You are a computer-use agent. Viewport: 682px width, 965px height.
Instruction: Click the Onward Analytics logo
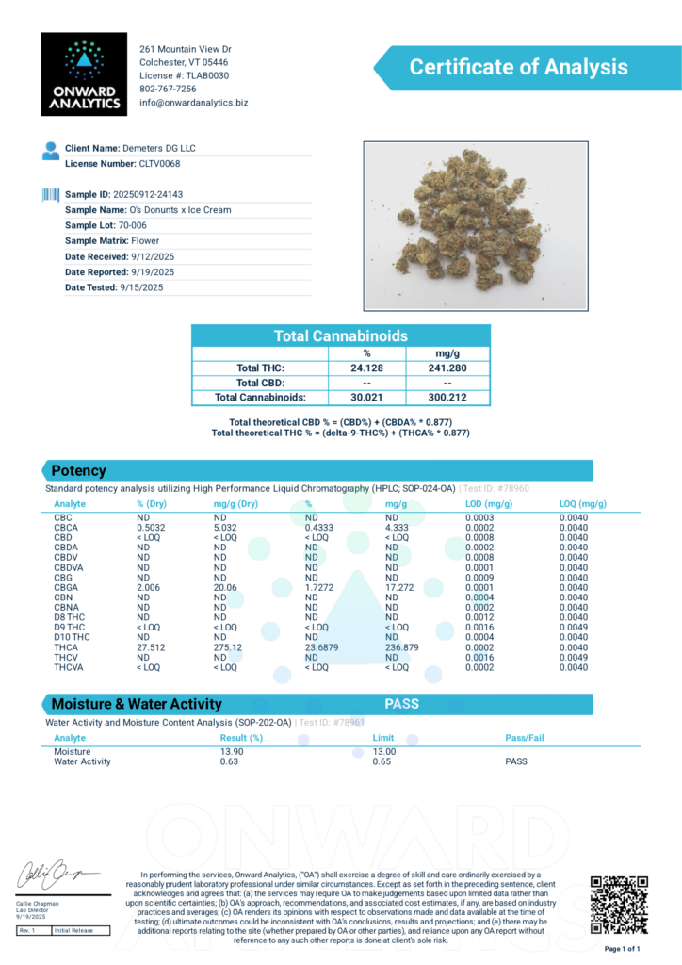pos(84,74)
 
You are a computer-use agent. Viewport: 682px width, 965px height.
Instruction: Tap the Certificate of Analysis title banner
pos(517,67)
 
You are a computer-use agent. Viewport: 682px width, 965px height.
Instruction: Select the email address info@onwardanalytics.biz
pos(194,103)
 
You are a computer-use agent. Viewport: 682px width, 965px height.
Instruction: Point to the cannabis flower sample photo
pos(476,224)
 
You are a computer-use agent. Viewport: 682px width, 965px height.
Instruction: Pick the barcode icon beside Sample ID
pos(51,194)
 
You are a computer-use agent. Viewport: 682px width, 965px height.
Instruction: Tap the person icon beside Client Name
pos(51,150)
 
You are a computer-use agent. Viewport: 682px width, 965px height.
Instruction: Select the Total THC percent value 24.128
pos(367,368)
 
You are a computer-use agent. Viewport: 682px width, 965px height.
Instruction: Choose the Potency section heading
pos(79,470)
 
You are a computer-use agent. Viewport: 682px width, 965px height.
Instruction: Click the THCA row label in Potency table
pos(66,647)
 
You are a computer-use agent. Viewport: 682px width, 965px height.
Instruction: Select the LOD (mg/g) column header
pos(489,504)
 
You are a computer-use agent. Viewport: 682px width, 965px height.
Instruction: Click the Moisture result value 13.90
pos(233,751)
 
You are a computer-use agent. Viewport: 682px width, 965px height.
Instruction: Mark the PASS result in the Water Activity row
pos(515,761)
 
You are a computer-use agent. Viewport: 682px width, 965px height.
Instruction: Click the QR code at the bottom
pos(619,904)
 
